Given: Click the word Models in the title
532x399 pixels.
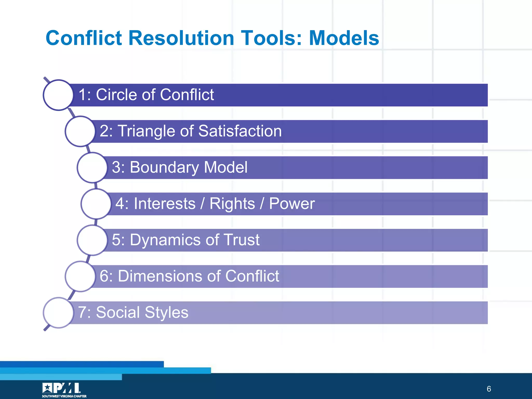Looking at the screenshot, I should click(344, 38).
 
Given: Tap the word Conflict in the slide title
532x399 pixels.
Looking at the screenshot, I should click(84, 38).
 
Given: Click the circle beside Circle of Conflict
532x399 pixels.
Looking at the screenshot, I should click(58, 95).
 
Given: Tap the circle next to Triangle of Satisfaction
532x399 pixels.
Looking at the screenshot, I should click(80, 131).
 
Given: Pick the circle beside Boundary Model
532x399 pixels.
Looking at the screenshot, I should click(92, 168).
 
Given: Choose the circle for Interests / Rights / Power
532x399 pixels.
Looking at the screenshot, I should click(96, 204).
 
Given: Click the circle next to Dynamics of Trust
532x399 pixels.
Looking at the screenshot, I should click(92, 240).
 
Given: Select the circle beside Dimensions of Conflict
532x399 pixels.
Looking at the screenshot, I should click(80, 276).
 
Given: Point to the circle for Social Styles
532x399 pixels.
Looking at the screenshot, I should click(58, 313).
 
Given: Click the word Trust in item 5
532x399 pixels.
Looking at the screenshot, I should click(241, 240).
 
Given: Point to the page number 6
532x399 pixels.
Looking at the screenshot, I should click(489, 389).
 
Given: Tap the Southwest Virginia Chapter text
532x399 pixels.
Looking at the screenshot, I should click(64, 396).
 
